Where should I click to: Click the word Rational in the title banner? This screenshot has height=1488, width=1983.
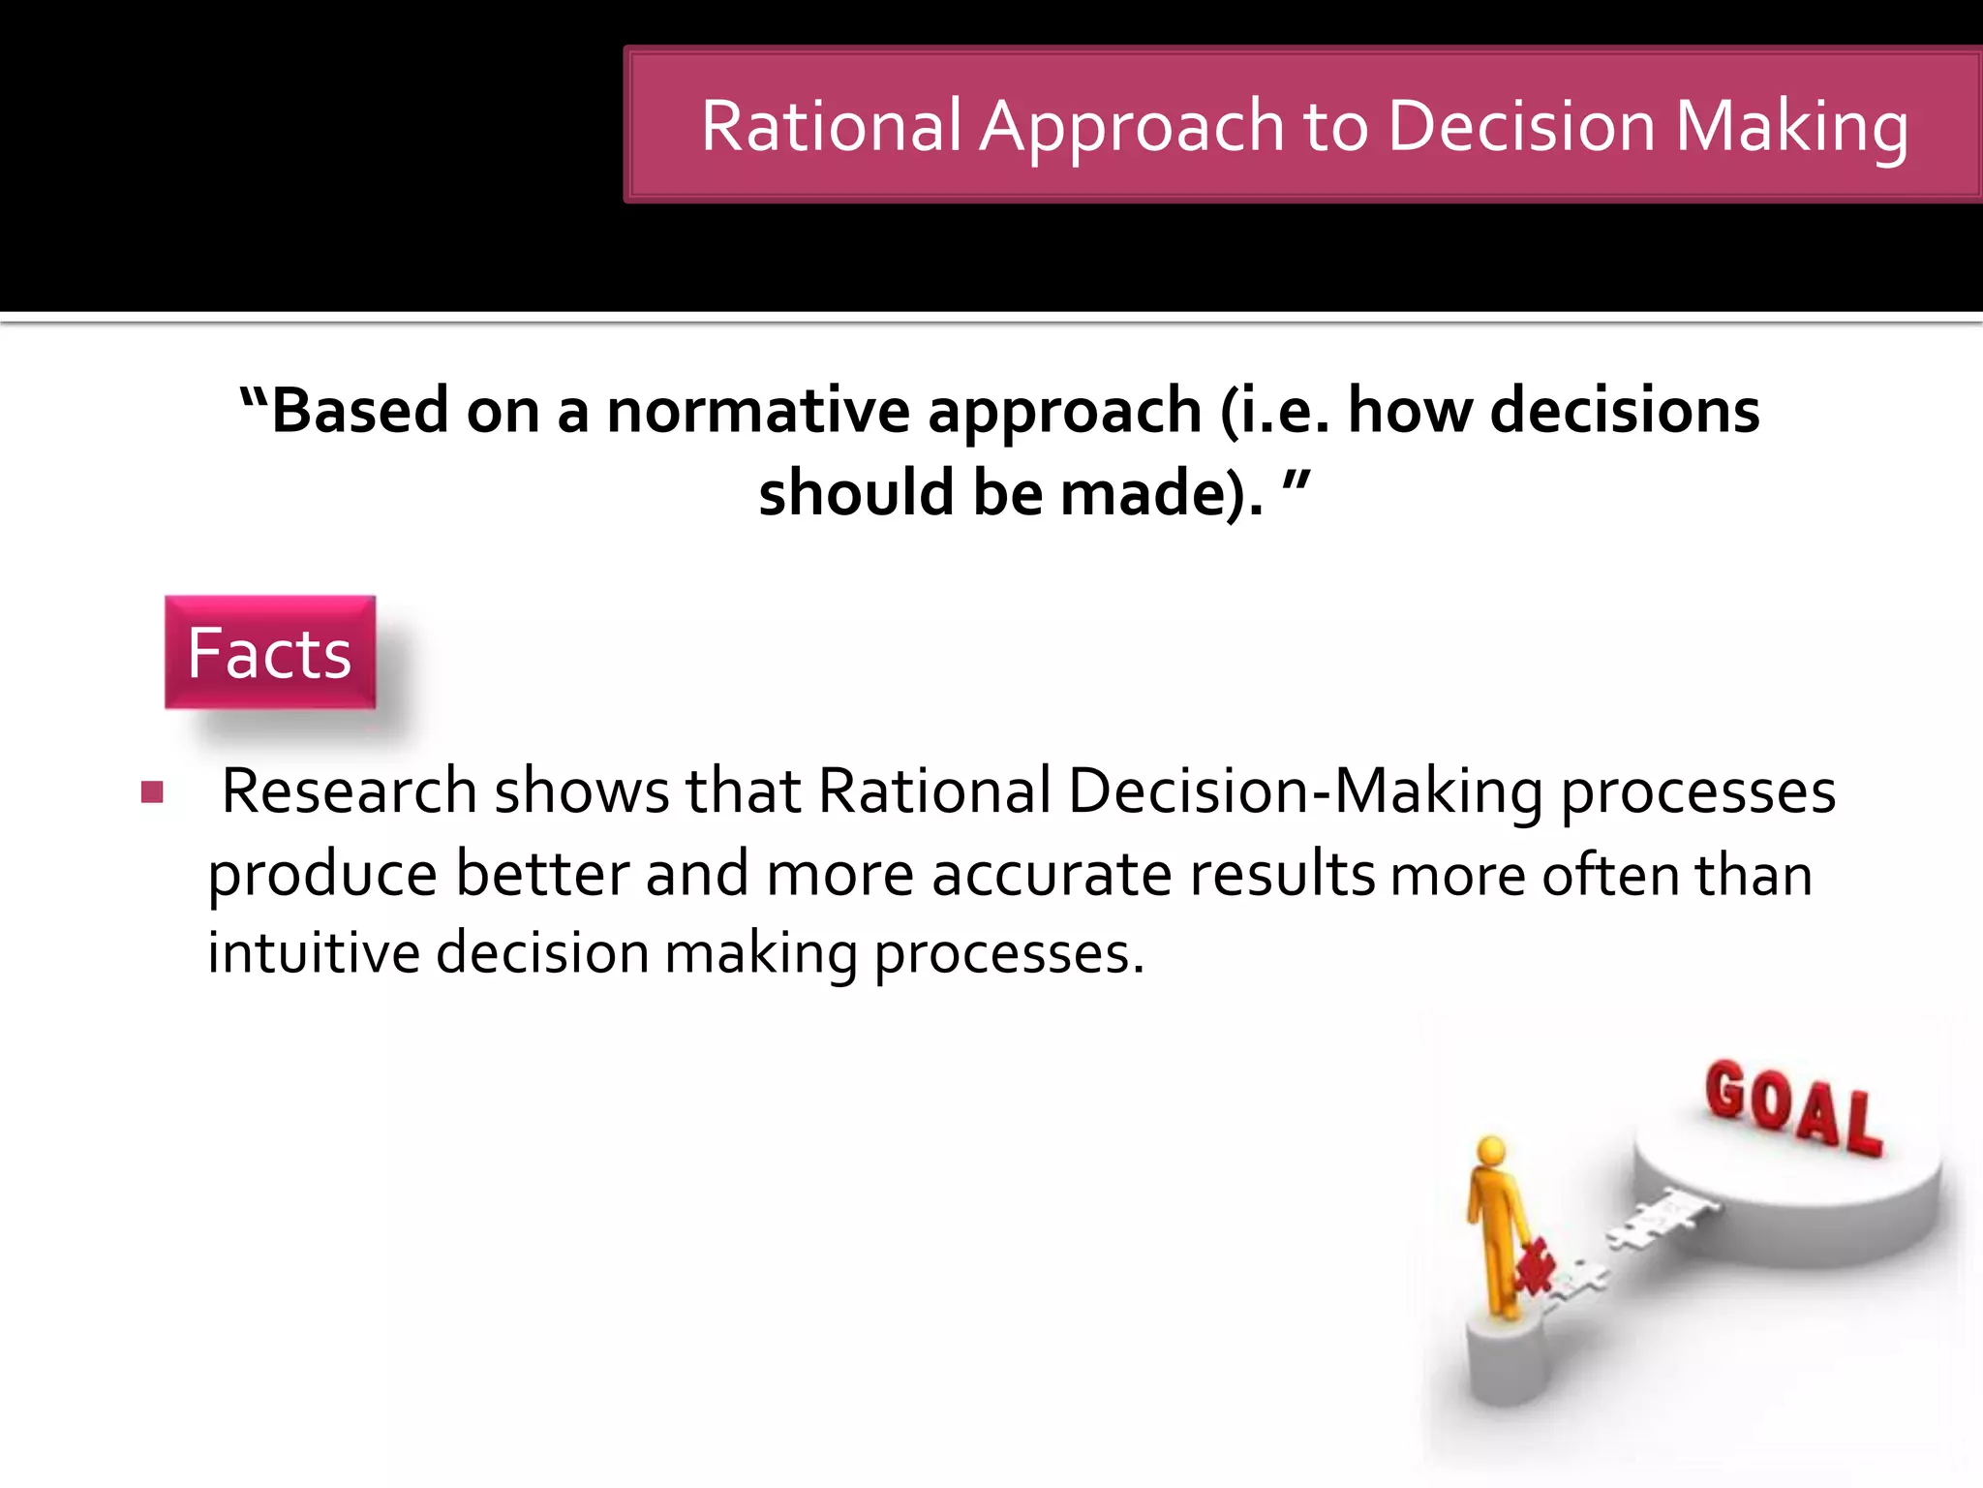[x=831, y=127]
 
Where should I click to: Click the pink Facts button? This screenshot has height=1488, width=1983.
[x=270, y=653]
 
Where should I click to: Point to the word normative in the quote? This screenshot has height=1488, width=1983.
[x=758, y=411]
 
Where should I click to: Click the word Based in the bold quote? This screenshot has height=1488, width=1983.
[x=359, y=411]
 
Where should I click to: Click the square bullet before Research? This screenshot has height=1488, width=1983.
[x=152, y=793]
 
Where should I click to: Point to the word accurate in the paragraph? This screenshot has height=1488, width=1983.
[x=1051, y=875]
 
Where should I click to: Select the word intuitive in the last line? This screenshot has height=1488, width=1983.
[x=314, y=952]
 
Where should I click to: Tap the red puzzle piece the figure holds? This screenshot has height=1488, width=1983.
[x=1535, y=1265]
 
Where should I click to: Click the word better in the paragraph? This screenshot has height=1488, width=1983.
[x=542, y=875]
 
